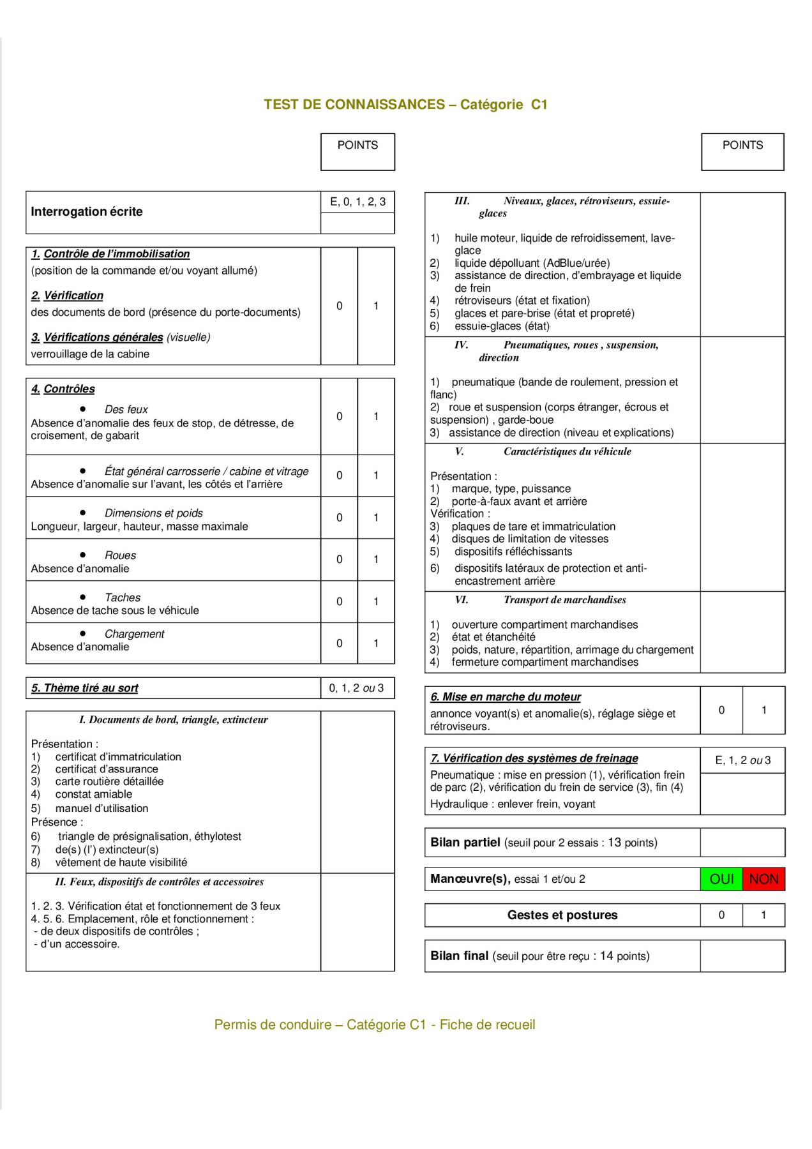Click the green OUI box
(721, 879)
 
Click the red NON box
(763, 879)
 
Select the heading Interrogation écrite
(87, 212)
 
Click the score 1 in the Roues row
(376, 559)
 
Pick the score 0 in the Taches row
(339, 601)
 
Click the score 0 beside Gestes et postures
(721, 915)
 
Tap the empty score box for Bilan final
(742, 956)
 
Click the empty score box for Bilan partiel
(742, 843)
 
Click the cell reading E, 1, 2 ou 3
(742, 760)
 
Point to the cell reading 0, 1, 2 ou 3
(357, 688)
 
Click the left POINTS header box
(357, 151)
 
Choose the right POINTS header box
(742, 151)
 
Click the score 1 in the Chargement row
(376, 643)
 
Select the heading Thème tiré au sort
(85, 688)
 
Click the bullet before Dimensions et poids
(83, 512)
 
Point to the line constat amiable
(94, 794)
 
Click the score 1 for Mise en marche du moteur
(763, 710)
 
